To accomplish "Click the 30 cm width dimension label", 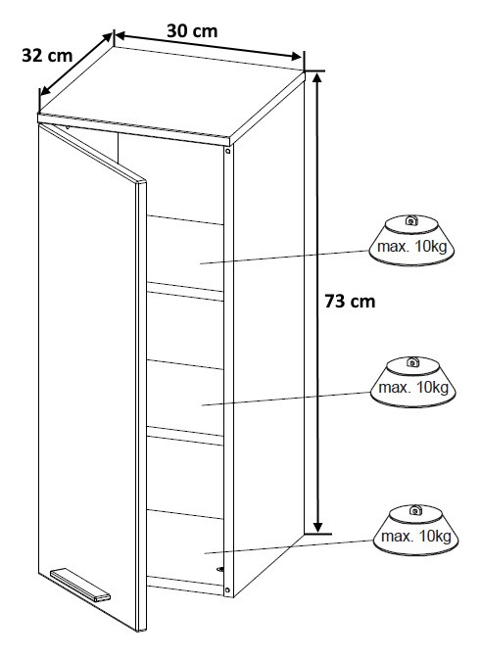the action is pos(192,31).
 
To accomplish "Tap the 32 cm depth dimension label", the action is pos(47,56).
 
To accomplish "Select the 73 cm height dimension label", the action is pos(350,302).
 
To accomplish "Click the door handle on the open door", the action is pos(80,585).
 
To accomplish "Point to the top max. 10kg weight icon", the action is pos(411,241).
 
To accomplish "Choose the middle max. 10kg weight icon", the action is pos(413,382).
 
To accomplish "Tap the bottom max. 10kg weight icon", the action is pos(415,530).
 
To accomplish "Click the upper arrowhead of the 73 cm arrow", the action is pos(318,77).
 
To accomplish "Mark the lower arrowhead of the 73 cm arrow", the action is pos(318,526).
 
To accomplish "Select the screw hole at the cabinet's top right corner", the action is pos(228,150).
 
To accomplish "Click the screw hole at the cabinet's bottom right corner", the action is pos(227,590).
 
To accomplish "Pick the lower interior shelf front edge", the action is pos(185,436).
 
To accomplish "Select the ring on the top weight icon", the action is pos(410,219).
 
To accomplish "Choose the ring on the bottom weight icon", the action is pos(415,510).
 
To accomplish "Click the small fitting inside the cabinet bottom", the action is pos(220,570).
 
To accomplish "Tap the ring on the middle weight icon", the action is pos(412,361).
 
